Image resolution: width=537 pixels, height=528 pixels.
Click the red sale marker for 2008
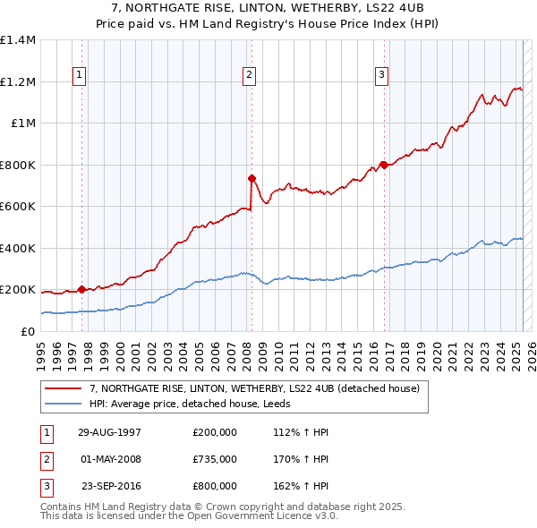[251, 178]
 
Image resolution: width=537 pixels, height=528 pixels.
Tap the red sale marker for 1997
[81, 289]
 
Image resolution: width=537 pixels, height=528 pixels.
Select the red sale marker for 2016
[384, 165]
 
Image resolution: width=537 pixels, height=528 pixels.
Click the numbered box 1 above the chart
[81, 75]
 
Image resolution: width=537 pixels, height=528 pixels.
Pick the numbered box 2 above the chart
[249, 75]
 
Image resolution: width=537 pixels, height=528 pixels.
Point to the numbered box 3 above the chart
[382, 75]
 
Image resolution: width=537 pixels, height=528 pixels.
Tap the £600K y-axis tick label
[17, 207]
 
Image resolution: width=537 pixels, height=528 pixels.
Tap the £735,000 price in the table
[214, 459]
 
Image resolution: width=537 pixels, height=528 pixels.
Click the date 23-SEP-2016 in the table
[111, 487]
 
